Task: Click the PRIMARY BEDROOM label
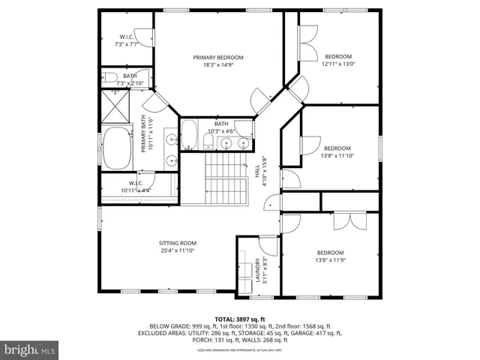coord(217,58)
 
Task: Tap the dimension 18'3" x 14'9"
coord(217,66)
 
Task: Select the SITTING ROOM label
coord(177,243)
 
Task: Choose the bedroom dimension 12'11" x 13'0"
coord(338,64)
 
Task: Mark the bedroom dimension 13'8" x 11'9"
coord(330,260)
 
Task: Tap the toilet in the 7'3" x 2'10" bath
coord(110,77)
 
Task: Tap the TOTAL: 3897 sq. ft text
coord(240,318)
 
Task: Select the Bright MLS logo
coord(30,349)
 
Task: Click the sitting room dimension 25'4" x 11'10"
coord(177,251)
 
